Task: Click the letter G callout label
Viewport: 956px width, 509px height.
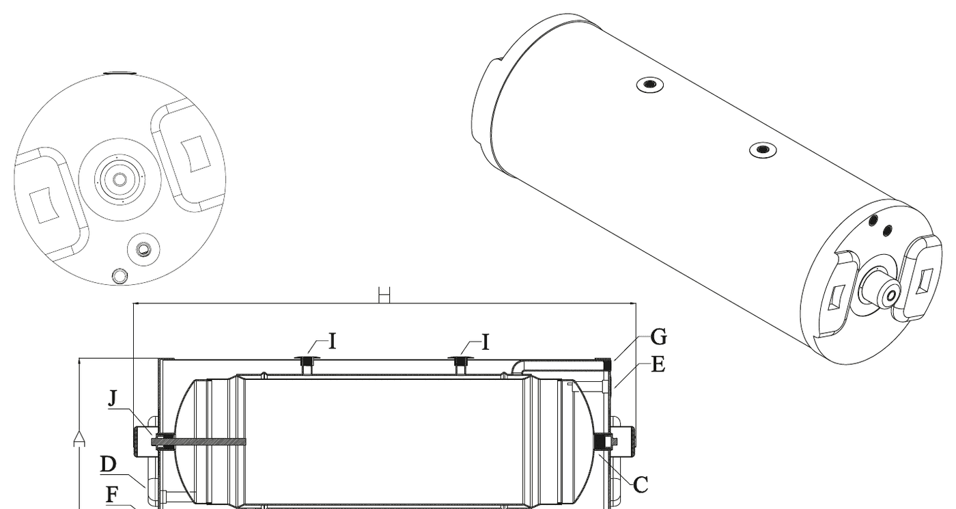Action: (658, 337)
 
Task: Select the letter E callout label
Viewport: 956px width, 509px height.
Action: (658, 365)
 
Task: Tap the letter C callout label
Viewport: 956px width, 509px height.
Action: (641, 485)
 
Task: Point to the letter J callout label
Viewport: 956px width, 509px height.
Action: (113, 398)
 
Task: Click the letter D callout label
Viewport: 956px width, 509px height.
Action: (109, 464)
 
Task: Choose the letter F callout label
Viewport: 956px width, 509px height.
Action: (112, 495)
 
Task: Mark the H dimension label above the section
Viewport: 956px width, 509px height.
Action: (384, 294)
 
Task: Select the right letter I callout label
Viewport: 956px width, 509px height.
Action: (485, 342)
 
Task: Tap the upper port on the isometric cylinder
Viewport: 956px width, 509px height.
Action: (650, 85)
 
